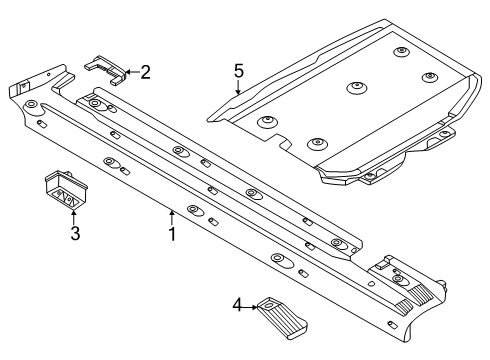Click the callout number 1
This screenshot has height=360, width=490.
(172, 234)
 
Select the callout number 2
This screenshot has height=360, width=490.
(145, 72)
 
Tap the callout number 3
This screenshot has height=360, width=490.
(75, 233)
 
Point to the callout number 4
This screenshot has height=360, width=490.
(237, 305)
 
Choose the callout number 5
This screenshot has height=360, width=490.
(239, 71)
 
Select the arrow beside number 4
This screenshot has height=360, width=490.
(250, 307)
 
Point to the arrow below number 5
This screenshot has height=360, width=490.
(238, 87)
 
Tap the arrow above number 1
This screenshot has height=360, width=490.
(172, 217)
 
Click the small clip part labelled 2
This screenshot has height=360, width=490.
(105, 69)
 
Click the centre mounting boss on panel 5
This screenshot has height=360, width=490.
(356, 87)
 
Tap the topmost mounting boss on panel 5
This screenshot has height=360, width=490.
(401, 52)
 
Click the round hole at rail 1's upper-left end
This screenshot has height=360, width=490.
(31, 104)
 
